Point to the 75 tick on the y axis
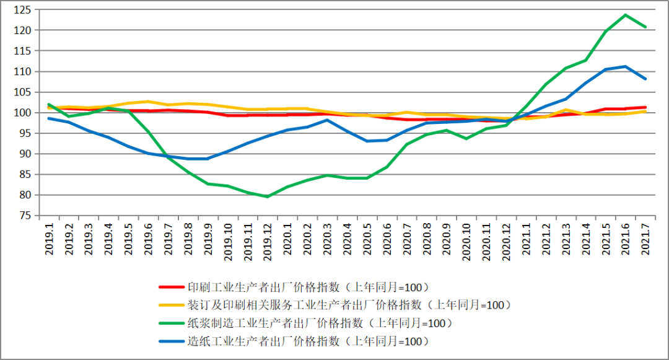24,216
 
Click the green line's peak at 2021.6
625,15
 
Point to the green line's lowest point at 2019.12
267,196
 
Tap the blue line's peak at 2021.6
625,66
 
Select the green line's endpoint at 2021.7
645,27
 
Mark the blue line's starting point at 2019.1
49,118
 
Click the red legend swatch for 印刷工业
171,288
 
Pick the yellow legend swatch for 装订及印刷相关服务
171,305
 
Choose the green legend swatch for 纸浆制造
171,323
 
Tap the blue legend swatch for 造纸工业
171,341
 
